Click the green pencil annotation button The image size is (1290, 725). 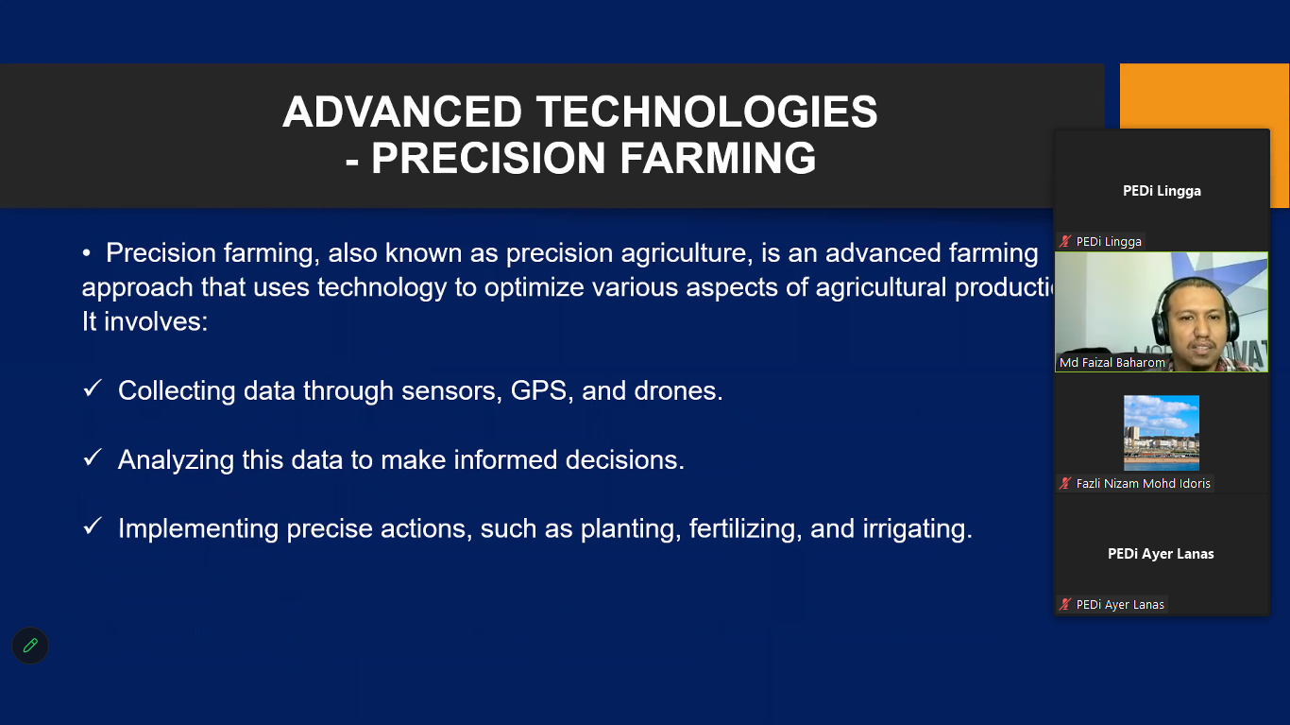30,646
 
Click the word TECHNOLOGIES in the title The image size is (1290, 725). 707,112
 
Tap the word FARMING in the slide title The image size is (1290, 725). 718,158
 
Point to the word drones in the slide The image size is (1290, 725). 678,390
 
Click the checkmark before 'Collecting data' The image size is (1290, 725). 93,388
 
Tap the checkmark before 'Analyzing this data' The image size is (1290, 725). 93,457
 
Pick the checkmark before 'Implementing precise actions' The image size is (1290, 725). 93,526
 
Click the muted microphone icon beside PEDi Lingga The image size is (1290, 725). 1065,241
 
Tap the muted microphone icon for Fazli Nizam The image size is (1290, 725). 1065,484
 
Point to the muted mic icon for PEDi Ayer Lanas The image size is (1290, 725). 1065,605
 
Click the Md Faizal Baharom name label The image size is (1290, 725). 1112,363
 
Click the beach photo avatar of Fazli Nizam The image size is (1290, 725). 1161,432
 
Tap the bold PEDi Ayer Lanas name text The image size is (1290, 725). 1161,554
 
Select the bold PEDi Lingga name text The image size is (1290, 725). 1162,191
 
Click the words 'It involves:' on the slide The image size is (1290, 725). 144,321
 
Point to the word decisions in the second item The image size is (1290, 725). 625,460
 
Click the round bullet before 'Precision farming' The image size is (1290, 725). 86,253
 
